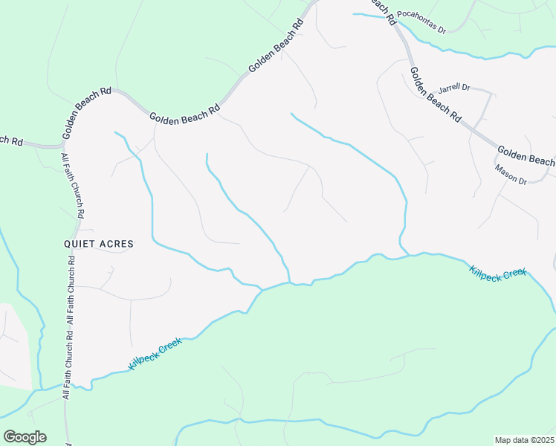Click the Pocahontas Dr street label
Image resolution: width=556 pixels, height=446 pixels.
coord(421,23)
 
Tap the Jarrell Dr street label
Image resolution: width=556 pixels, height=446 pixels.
coord(454,88)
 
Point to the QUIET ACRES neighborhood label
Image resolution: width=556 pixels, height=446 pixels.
coord(98,244)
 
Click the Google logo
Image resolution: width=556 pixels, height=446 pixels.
coord(25,437)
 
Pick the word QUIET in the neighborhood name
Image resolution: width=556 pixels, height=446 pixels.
coord(80,244)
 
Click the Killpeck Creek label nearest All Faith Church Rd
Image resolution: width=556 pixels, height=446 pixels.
coord(155,354)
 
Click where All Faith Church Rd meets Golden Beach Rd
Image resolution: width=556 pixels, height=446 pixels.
coord(61,145)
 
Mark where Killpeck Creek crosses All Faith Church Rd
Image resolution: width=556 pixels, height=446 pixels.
coord(66,386)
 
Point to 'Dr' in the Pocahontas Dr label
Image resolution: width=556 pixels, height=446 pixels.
coord(441,30)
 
